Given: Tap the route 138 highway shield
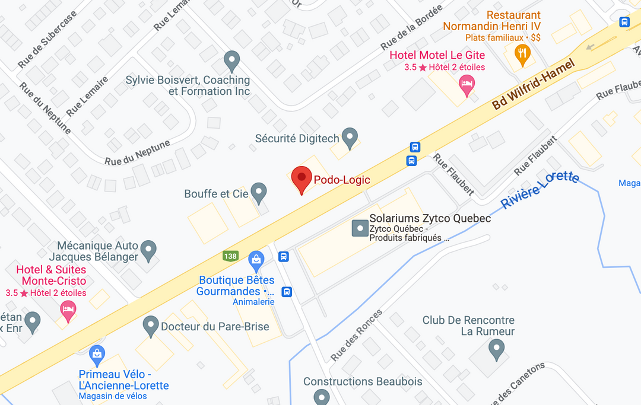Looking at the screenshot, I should [231, 256].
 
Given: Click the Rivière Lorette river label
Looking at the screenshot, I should [540, 190].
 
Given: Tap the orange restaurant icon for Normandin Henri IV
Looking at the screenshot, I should [522, 55].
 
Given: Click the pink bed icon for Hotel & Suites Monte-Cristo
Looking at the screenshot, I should [69, 310].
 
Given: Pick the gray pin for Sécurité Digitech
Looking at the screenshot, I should [351, 138].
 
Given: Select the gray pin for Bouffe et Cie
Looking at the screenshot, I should [258, 192].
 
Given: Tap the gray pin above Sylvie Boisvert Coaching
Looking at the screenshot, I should [232, 60].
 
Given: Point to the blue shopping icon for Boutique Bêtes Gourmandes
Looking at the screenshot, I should [256, 259].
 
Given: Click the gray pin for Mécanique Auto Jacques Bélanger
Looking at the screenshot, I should [148, 250].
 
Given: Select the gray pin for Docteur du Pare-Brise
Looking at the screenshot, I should [151, 326].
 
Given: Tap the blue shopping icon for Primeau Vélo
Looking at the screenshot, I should [97, 355].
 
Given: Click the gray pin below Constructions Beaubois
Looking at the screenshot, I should [322, 396].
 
